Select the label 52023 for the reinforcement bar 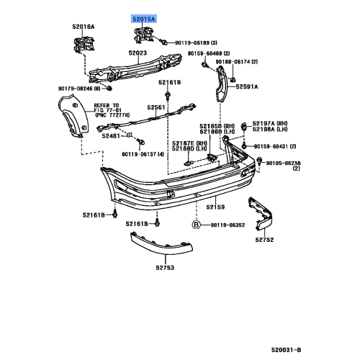click(x=138, y=53)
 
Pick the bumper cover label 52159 click(x=216, y=207)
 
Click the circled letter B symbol click(x=195, y=225)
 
